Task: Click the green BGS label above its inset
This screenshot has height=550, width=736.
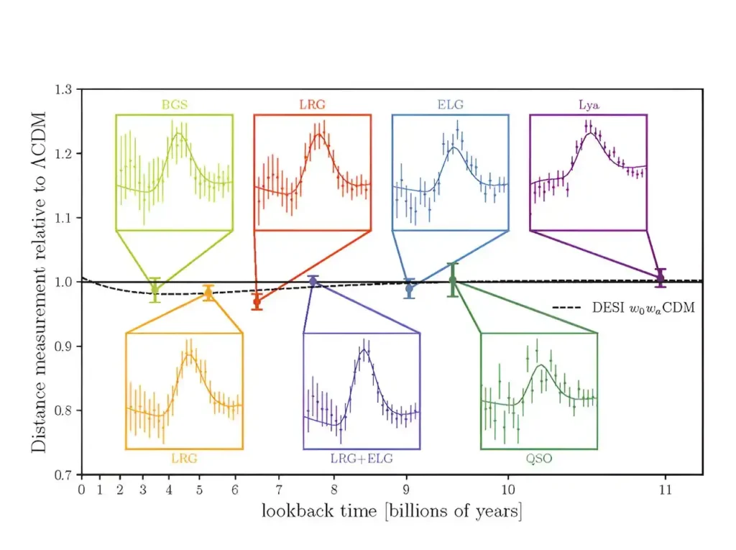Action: (x=174, y=104)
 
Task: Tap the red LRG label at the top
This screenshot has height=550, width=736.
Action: (x=312, y=104)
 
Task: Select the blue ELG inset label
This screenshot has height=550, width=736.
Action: (x=450, y=104)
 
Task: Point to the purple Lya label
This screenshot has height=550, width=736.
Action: (x=589, y=105)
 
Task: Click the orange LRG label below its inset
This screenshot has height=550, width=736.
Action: (x=184, y=459)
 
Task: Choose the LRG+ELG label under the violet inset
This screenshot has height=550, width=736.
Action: (x=362, y=459)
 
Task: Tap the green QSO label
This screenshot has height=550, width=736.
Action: (x=539, y=459)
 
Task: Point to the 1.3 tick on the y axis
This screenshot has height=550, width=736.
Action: (x=63, y=89)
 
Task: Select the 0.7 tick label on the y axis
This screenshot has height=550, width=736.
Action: (x=63, y=475)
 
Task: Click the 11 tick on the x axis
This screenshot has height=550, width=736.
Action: (x=665, y=490)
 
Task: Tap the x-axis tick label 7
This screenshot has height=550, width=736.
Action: (x=279, y=490)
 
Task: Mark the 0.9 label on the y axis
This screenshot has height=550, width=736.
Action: (x=63, y=347)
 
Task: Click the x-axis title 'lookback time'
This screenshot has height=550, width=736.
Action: (x=319, y=510)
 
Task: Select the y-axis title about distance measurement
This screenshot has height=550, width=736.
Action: (x=39, y=283)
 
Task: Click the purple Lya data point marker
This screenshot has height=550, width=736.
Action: (x=661, y=278)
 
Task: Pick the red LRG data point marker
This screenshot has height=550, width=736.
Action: (x=257, y=302)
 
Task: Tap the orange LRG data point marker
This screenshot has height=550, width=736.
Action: (x=208, y=293)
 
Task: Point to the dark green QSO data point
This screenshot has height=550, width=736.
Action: (x=453, y=280)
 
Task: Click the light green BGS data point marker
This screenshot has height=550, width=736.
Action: (x=155, y=290)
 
